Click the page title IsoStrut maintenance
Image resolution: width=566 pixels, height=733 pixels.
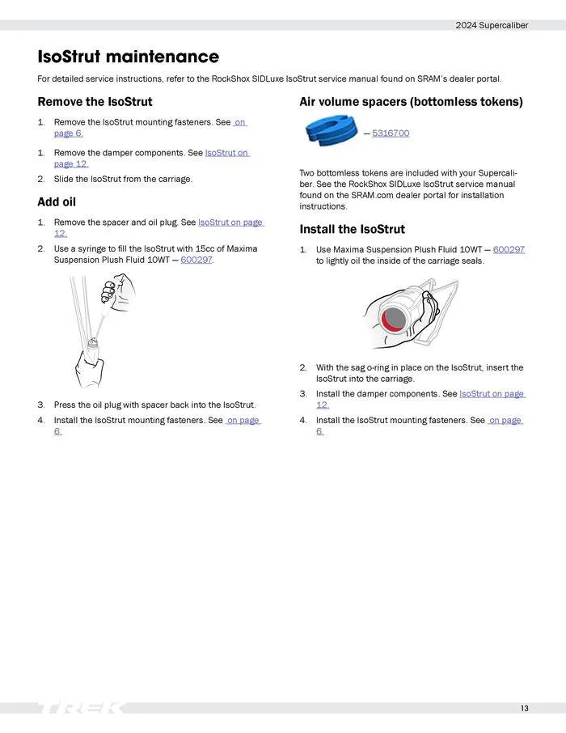pyautogui.click(x=128, y=57)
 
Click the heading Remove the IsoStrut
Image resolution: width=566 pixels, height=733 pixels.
pyautogui.click(x=95, y=102)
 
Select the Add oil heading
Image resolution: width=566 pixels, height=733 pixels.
pyautogui.click(x=57, y=201)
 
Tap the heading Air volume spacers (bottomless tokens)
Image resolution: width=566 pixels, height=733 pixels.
pyautogui.click(x=411, y=102)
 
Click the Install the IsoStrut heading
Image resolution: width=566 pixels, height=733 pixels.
pyautogui.click(x=352, y=229)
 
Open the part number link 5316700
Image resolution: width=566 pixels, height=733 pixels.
pyautogui.click(x=391, y=133)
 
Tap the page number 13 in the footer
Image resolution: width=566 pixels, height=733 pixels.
pyautogui.click(x=525, y=709)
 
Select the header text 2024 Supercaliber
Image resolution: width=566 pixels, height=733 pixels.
pyautogui.click(x=492, y=25)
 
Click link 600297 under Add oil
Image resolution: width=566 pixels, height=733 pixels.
pyautogui.click(x=196, y=260)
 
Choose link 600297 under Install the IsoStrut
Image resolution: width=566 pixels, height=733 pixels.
pyautogui.click(x=509, y=249)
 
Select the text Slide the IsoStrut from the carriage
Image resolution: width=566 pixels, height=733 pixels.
pyautogui.click(x=123, y=179)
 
